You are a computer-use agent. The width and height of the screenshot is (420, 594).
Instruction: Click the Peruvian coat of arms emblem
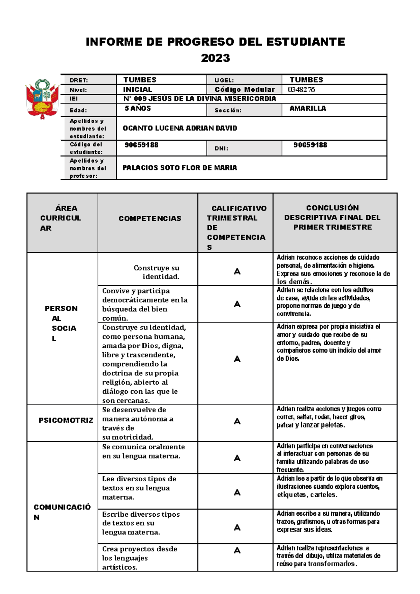point(42,99)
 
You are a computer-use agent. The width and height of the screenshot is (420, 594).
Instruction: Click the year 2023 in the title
point(215,58)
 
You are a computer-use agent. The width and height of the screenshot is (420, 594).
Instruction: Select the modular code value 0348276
point(301,90)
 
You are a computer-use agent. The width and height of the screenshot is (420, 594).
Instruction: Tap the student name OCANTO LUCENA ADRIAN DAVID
point(180,128)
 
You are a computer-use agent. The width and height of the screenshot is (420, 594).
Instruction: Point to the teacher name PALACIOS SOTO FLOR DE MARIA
point(180,168)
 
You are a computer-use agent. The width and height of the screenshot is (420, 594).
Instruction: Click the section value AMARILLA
point(308,108)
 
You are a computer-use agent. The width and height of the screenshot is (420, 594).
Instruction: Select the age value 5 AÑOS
point(138,108)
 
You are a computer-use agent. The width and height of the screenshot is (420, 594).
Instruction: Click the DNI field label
point(221,148)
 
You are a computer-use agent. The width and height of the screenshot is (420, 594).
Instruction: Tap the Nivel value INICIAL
point(137,90)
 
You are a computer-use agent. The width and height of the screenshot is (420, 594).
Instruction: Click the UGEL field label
point(224,80)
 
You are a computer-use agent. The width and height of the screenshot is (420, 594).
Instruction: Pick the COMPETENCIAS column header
point(150,219)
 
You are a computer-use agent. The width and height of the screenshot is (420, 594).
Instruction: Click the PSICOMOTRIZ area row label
point(66,420)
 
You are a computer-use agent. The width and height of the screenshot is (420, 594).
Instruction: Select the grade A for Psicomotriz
point(237,422)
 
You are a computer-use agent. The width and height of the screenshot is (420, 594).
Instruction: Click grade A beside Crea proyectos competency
point(237,551)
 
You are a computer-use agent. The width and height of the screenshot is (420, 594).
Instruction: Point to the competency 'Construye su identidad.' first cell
point(156,272)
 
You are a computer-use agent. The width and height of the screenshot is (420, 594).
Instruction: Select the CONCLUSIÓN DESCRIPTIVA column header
point(332,217)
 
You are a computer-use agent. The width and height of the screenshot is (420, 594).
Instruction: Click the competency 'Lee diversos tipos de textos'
point(139,488)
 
